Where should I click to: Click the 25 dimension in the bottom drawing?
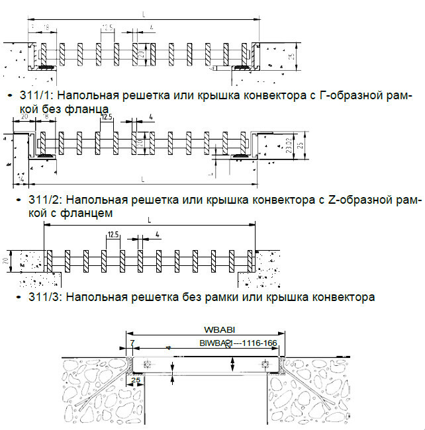pyautogui.click(x=136, y=381)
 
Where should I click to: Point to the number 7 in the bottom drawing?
pyautogui.click(x=132, y=343)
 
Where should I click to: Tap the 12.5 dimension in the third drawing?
pyautogui.click(x=112, y=234)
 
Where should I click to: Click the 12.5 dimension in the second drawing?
pyautogui.click(x=106, y=116)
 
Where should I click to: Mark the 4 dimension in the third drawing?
pyautogui.click(x=156, y=234)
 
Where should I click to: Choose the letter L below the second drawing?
pyautogui.click(x=142, y=179)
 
